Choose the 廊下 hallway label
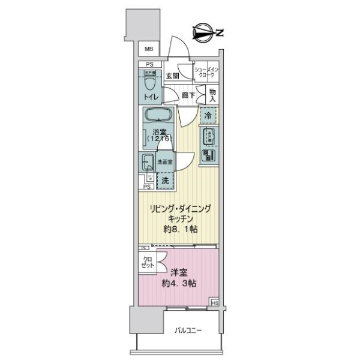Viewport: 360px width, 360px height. coord(189,95)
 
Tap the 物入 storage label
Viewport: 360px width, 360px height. coord(212,94)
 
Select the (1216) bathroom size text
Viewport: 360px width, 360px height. coord(158,138)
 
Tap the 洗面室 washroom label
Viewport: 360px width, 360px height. coord(165,161)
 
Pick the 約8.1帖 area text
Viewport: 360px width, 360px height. coord(179,229)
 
